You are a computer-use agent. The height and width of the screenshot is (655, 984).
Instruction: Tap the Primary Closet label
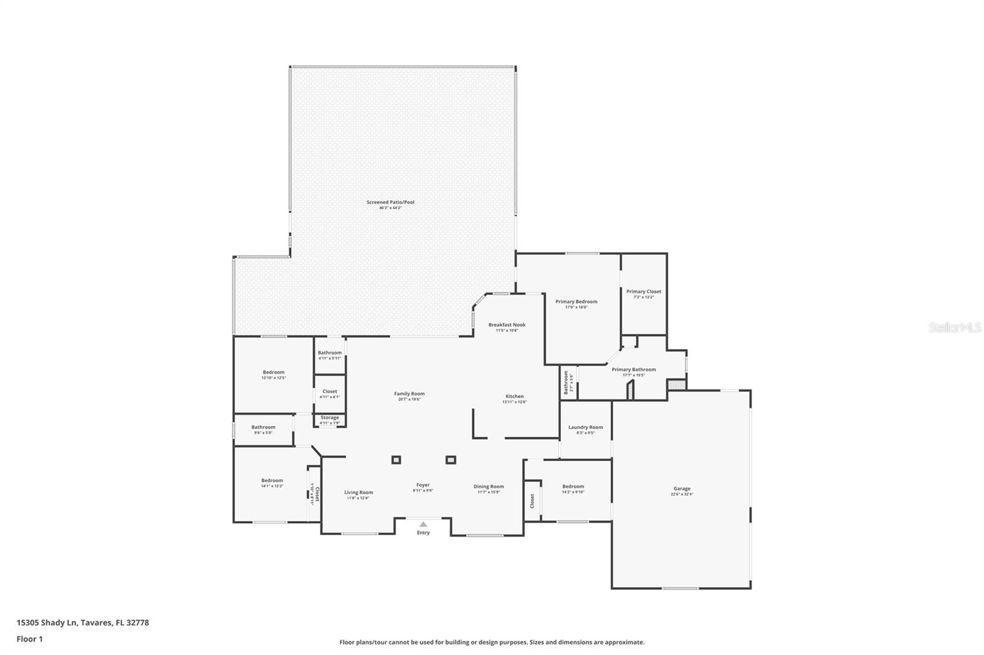[x=643, y=291]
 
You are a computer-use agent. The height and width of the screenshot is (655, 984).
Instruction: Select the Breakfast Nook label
[x=507, y=324]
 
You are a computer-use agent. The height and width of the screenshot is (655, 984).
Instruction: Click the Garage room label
[x=681, y=488]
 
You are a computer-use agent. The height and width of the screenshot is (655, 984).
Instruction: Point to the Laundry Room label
[x=585, y=427]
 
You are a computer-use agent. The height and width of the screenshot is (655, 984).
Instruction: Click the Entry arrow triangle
[x=423, y=524]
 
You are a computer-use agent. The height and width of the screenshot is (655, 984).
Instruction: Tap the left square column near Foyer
[x=396, y=460]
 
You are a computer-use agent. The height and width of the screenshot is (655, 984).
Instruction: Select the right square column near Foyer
[x=450, y=460]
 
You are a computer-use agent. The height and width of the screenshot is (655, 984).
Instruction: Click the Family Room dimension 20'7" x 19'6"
[x=409, y=399]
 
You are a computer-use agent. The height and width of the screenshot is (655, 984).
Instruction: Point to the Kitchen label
[x=514, y=396]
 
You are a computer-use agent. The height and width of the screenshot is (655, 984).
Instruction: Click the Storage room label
[x=330, y=418]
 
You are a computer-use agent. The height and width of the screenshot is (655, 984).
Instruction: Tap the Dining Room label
[x=488, y=487]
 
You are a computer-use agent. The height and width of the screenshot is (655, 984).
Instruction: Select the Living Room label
[x=358, y=492]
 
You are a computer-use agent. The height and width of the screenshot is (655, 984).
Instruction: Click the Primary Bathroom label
[x=633, y=369]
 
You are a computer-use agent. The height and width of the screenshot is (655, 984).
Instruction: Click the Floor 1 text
[x=30, y=639]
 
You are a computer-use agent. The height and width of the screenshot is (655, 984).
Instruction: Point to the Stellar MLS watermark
[x=954, y=328]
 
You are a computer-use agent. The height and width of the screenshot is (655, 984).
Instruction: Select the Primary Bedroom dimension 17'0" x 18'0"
[x=576, y=307]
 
